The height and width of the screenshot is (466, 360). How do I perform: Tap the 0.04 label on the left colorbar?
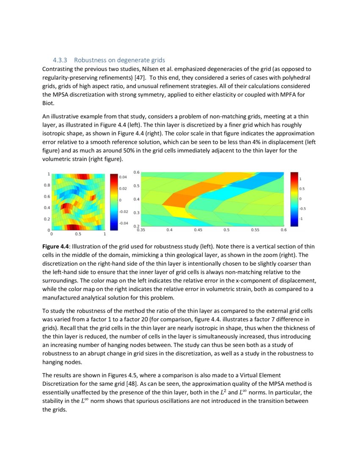pyautogui.click(x=122, y=176)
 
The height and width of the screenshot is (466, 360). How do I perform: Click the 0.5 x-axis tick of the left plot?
pyautogui.click(x=78, y=233)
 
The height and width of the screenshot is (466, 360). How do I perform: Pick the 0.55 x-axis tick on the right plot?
pyautogui.click(x=255, y=230)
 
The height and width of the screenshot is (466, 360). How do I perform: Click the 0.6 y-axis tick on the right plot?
pyautogui.click(x=136, y=172)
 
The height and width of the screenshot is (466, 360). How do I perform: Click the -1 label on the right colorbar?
pyautogui.click(x=301, y=219)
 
